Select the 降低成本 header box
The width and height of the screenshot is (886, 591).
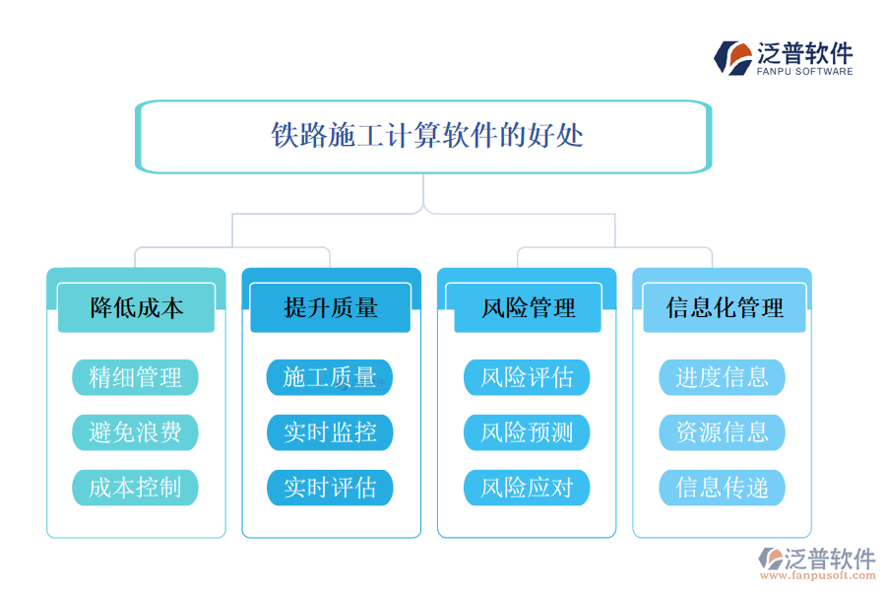[x=136, y=307]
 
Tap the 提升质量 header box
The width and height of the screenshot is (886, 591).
[x=331, y=307]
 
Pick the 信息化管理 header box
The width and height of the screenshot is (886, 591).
[x=724, y=307]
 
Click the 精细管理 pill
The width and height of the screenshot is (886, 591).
[x=135, y=377]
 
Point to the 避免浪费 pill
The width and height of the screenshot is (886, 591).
[x=135, y=432]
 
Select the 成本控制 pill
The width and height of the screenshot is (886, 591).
[x=135, y=488]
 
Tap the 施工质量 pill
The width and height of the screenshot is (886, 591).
[x=330, y=377]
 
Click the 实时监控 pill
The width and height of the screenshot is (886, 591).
[x=330, y=432]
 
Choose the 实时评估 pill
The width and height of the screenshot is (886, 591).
[x=330, y=488]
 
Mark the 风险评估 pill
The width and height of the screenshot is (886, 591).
[x=527, y=377]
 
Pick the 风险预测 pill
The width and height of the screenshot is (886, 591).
[x=527, y=432]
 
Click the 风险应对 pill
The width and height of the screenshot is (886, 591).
[x=527, y=488]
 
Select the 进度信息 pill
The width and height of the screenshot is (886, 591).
[x=722, y=377]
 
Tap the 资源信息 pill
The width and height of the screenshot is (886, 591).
[x=722, y=432]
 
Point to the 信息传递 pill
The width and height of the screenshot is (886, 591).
[x=722, y=488]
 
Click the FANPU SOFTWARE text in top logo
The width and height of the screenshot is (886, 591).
[x=805, y=71]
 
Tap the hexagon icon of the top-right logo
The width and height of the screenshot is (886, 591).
[x=732, y=57]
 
